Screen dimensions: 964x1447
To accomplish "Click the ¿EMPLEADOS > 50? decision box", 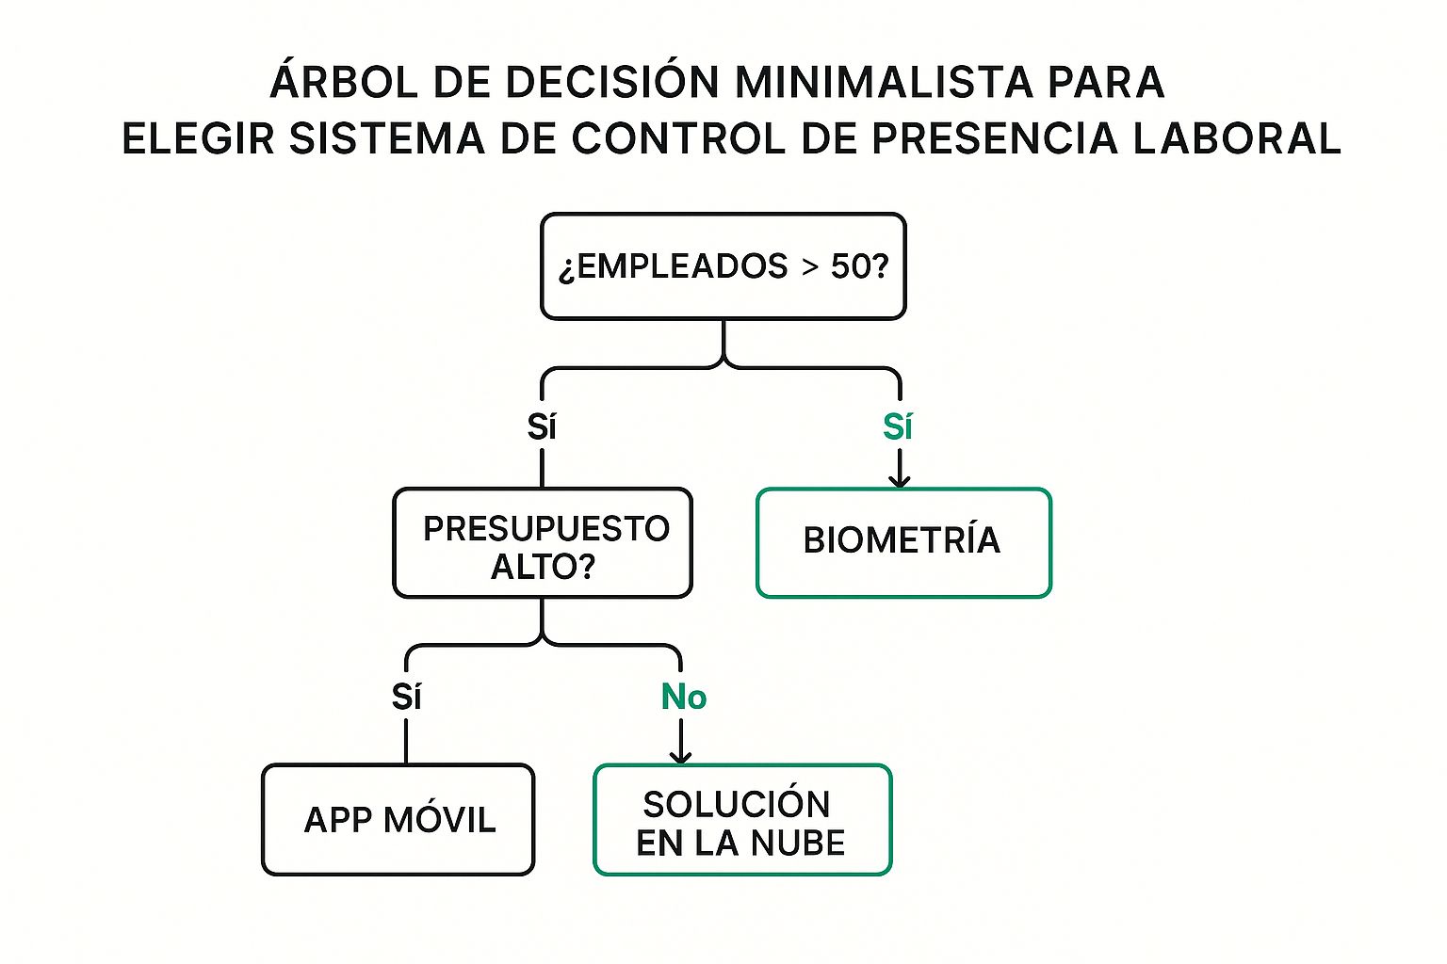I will point(723,266).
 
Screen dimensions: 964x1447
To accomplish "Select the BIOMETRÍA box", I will point(902,542).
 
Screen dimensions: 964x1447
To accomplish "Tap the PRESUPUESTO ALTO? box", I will point(543,543).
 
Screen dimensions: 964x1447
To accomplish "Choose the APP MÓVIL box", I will point(398,819).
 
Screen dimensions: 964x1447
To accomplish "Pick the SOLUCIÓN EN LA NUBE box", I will point(741,820).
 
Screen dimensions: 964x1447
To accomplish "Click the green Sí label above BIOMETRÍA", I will point(898,427).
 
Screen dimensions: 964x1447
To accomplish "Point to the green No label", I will point(684,698).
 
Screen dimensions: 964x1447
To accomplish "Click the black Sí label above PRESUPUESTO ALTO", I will point(542,427).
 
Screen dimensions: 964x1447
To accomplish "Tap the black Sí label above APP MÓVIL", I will point(406,698).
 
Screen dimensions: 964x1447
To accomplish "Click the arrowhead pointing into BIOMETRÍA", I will point(900,480).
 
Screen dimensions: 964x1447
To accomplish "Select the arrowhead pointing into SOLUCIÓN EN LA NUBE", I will point(681,756).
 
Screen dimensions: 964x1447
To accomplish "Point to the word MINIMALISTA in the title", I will point(882,83).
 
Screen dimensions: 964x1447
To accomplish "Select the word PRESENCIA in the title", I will point(994,139).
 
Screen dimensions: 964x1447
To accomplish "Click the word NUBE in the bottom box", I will point(799,843).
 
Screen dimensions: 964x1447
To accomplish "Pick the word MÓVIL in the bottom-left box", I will point(440,819).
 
